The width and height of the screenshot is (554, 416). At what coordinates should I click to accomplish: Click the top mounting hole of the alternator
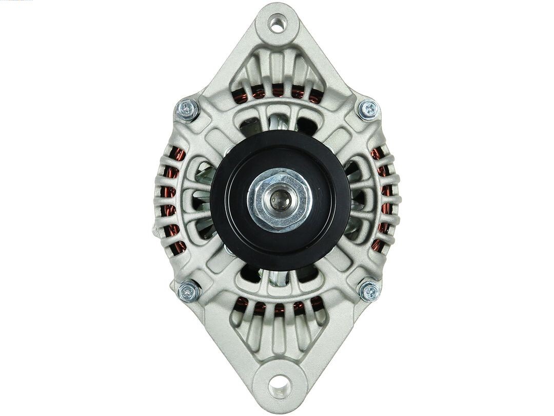(x=277, y=24)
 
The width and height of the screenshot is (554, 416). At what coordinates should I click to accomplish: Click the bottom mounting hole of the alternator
(x=280, y=385)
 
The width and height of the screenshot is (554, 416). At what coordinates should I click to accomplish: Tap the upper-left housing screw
(x=187, y=109)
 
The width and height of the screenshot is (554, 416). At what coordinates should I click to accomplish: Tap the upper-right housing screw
(x=368, y=109)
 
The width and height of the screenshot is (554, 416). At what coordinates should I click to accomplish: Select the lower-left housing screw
(x=188, y=291)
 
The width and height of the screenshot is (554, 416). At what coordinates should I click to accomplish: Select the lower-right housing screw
(x=369, y=291)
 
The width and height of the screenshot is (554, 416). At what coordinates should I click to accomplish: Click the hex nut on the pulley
(x=280, y=200)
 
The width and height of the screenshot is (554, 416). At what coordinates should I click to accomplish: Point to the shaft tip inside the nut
(x=280, y=199)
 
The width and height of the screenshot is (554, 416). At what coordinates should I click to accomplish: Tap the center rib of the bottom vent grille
(x=279, y=331)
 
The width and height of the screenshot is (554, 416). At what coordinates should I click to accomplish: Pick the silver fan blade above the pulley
(x=279, y=123)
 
